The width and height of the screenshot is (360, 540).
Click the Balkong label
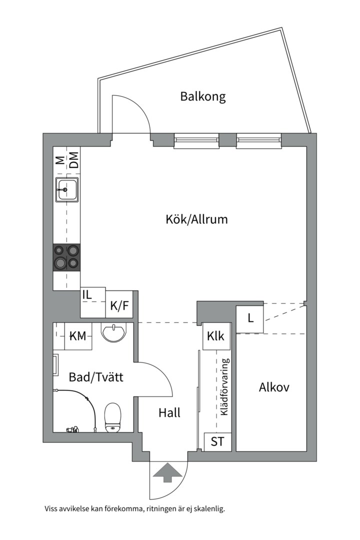coord(202,96)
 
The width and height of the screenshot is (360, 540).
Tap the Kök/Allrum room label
coord(196,219)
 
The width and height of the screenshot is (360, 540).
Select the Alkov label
coord(274,387)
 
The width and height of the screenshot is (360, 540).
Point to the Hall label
coord(169,413)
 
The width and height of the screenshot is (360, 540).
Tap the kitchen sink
coord(66,190)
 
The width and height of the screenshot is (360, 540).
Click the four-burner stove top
coord(66,256)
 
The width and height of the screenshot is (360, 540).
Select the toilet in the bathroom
coord(112,417)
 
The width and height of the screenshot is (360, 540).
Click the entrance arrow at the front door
coord(168,472)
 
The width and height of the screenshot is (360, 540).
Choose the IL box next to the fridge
coord(87,295)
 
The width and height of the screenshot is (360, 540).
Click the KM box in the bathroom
coord(77,336)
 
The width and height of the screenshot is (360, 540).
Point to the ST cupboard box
coord(217,442)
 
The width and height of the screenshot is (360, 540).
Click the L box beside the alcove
coord(250,318)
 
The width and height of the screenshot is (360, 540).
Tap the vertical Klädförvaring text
coord(224,386)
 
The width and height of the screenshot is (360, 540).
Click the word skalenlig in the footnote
coord(209,509)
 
